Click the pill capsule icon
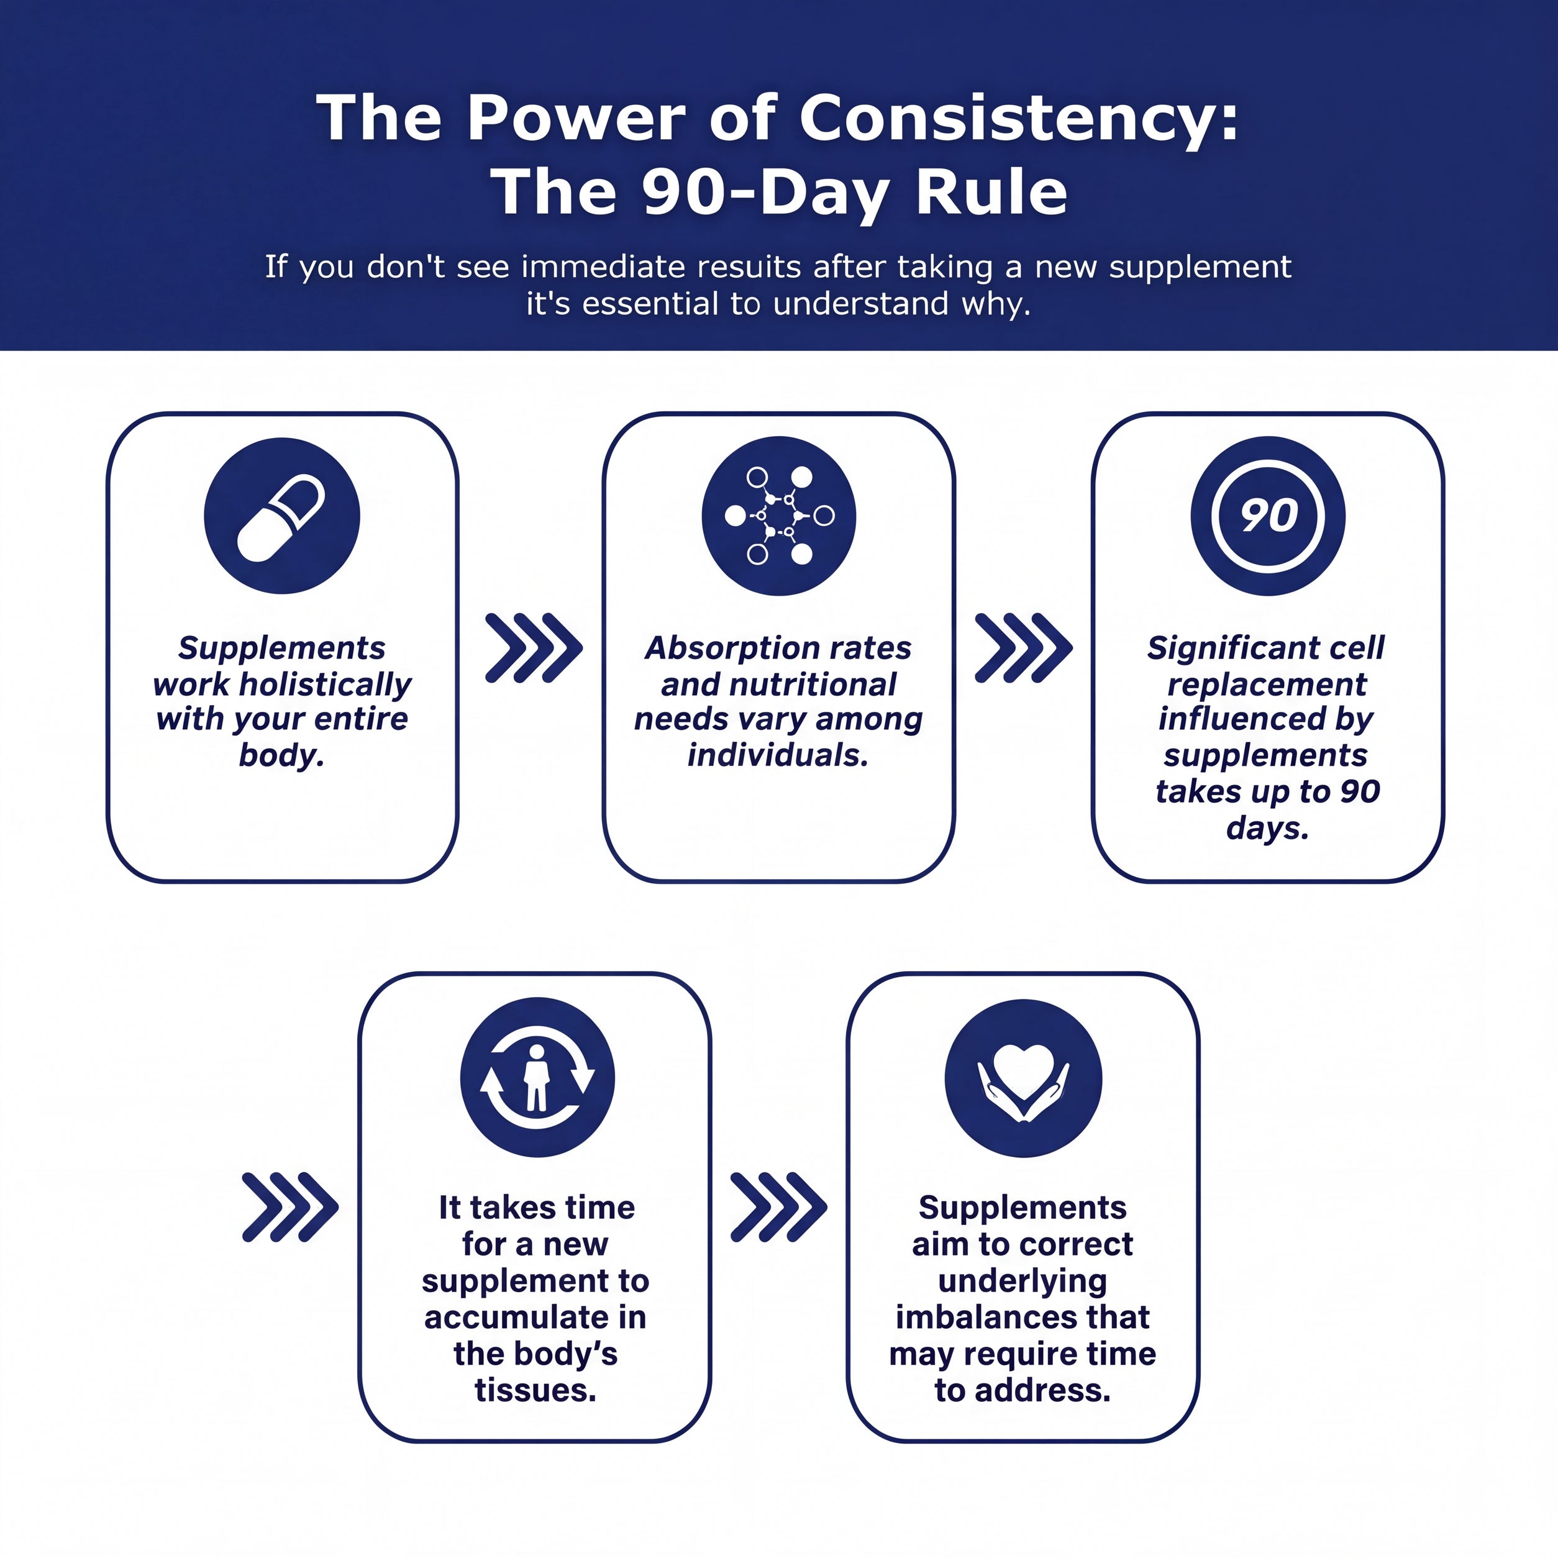point(281,516)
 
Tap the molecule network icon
point(779,516)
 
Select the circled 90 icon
point(1268,516)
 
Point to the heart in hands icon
point(1023,1078)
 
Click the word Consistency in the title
point(1019,119)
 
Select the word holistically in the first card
point(326,685)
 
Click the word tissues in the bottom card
point(535,1390)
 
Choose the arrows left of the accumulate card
point(290,1206)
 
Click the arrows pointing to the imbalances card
point(778,1206)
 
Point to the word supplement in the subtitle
point(1200,268)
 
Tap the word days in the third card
point(1267,828)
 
